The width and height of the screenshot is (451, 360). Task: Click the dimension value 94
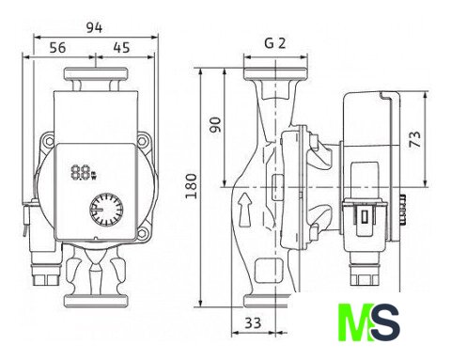coord(94,28)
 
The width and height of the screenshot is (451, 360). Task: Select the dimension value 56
coord(58,48)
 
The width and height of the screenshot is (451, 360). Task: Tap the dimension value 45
coord(121,48)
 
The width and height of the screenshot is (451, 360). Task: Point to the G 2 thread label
coord(275,43)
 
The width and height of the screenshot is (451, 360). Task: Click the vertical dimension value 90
coord(215,125)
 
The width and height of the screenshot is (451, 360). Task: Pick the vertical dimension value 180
coord(191,186)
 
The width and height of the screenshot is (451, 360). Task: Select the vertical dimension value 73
coord(415,139)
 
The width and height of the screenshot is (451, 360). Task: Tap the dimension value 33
coord(253,322)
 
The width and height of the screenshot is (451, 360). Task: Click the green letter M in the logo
coord(354,322)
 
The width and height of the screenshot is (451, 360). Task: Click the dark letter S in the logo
coord(384,322)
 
